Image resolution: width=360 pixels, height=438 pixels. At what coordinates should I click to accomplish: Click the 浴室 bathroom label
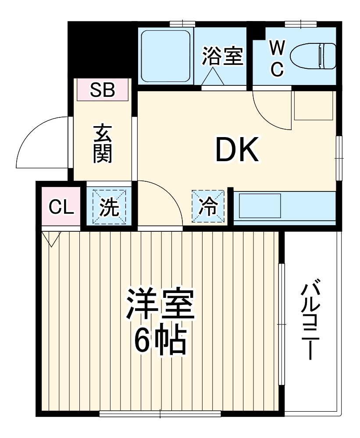pos(222,57)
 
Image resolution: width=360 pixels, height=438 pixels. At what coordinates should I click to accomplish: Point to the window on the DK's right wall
pos(339,158)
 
